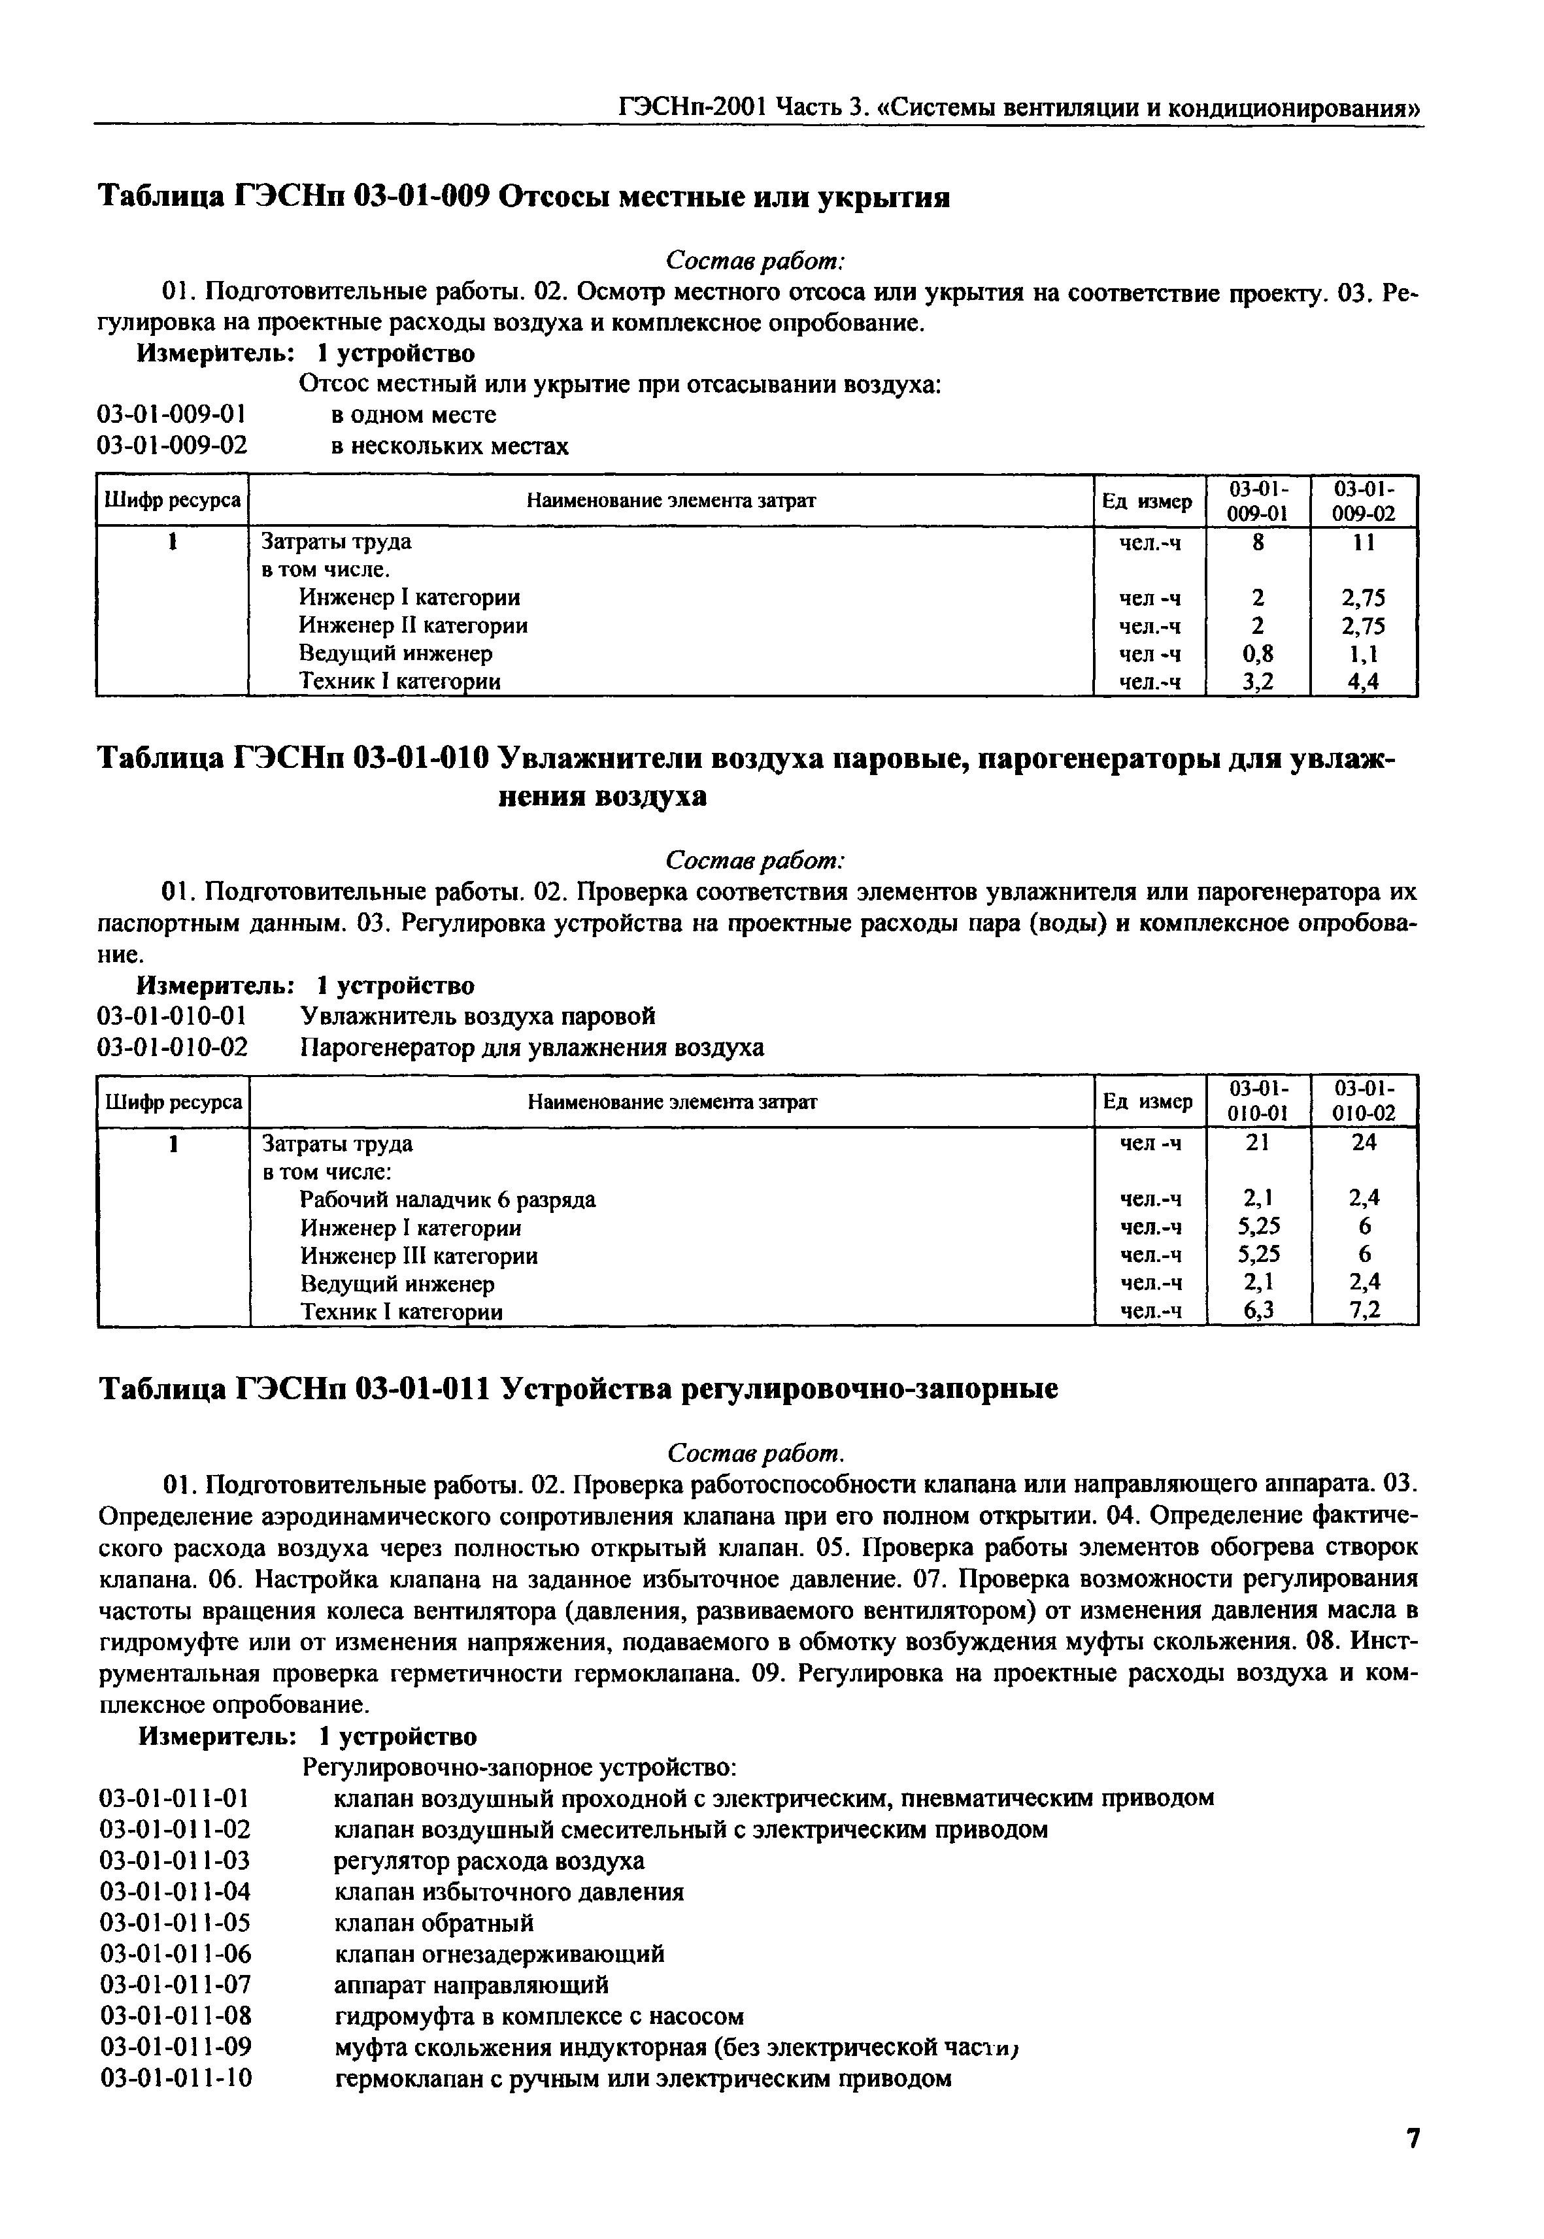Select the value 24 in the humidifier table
pos(1364,1142)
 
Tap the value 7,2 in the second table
pos(1364,1310)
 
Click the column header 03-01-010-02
pos(1364,1101)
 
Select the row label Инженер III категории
pos(419,1256)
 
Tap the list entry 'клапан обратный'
pos(433,1923)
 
